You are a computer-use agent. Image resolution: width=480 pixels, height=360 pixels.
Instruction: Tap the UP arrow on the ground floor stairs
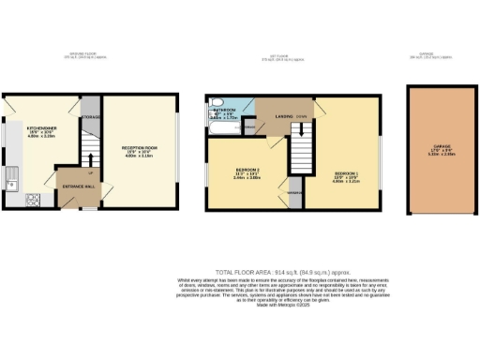(90, 173)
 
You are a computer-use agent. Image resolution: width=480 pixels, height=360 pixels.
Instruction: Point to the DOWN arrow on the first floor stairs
(301, 116)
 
